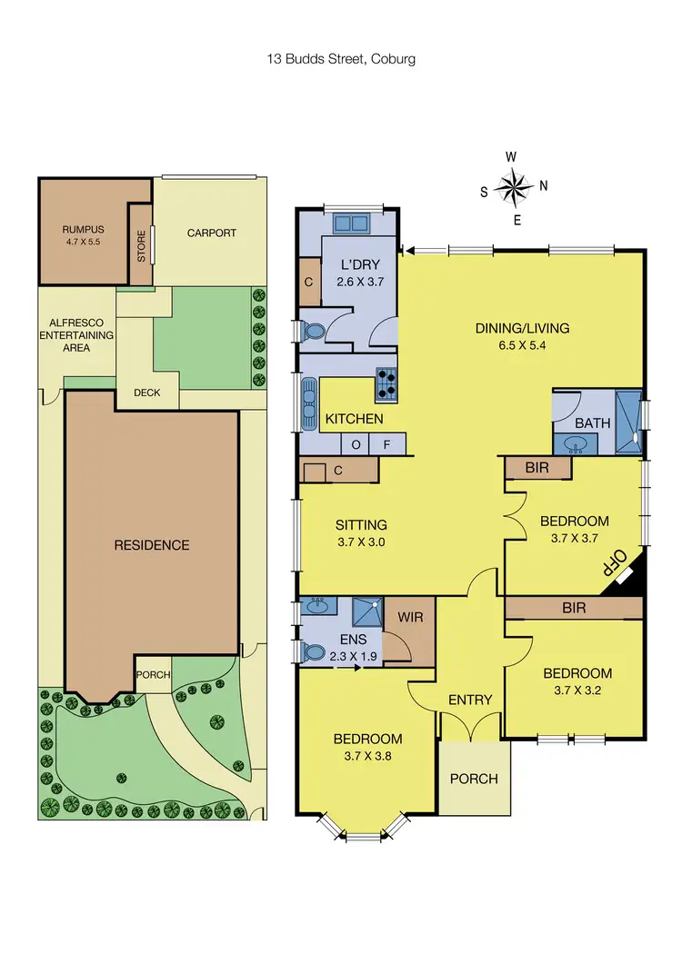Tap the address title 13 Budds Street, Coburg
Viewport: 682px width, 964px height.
(341, 59)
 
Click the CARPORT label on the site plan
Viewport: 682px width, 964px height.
(211, 233)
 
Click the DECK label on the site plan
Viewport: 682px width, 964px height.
(146, 393)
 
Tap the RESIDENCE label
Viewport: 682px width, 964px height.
(152, 545)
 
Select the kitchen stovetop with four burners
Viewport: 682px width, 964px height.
(386, 384)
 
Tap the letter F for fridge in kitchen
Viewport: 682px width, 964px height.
(386, 445)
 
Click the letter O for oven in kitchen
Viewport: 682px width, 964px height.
(355, 445)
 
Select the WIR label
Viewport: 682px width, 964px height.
(409, 615)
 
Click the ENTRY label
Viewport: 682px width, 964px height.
(470, 700)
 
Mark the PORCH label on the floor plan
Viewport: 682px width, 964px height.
(474, 779)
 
